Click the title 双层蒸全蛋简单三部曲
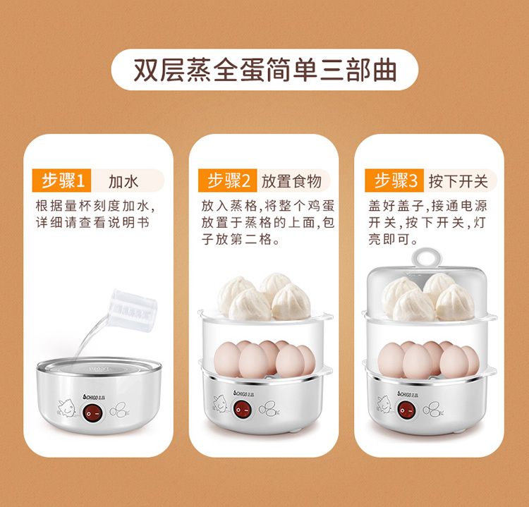tap(264, 70)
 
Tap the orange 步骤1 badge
tap(62, 181)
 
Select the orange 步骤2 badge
tap(228, 181)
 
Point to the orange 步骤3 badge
tap(394, 181)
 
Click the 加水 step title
tap(123, 181)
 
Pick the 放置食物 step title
tap(291, 181)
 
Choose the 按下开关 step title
tap(458, 181)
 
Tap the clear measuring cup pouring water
tap(133, 310)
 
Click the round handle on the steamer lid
tap(427, 258)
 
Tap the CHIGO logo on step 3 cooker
tap(408, 394)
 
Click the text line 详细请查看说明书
tap(92, 223)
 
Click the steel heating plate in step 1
tap(99, 367)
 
